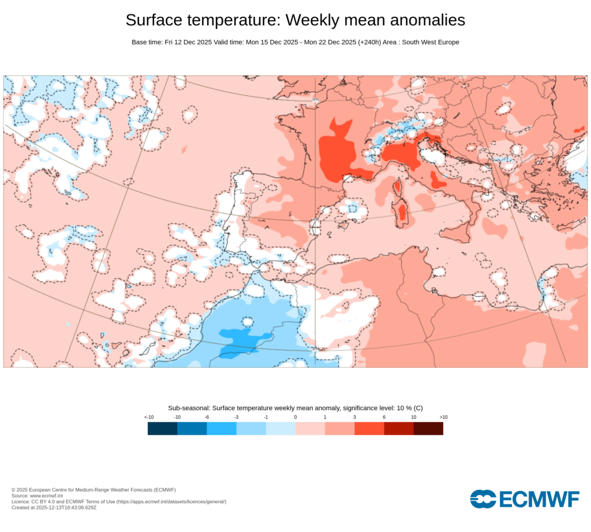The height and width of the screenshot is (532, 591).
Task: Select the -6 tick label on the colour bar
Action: [x=207, y=417]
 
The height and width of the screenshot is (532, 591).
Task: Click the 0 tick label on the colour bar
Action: [x=295, y=417]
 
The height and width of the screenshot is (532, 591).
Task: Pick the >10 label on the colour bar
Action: [x=443, y=417]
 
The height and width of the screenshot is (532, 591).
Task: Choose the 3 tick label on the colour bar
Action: [x=354, y=417]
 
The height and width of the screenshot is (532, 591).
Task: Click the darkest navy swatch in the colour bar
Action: [x=162, y=428]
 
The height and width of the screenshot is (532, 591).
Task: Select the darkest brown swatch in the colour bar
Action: [x=428, y=428]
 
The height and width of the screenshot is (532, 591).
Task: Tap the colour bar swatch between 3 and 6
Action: [x=369, y=428]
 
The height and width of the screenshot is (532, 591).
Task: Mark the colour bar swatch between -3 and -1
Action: [x=251, y=428]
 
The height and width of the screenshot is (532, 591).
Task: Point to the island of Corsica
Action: [x=397, y=188]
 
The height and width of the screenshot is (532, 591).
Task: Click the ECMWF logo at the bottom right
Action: [x=524, y=499]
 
